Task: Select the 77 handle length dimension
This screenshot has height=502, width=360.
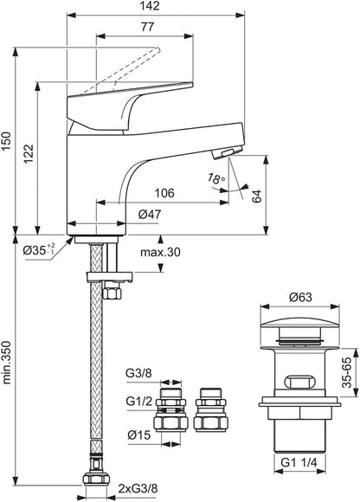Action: (x=147, y=27)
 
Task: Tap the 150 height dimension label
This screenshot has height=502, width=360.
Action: (x=7, y=141)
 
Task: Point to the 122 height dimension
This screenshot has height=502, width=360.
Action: (x=29, y=153)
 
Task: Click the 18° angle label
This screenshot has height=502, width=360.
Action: (x=216, y=177)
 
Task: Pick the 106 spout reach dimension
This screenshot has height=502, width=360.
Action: (x=164, y=193)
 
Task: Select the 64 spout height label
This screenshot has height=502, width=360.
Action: (x=257, y=196)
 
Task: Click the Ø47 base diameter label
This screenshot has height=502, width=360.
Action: (x=150, y=214)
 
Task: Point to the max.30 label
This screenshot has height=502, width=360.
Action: (x=160, y=252)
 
